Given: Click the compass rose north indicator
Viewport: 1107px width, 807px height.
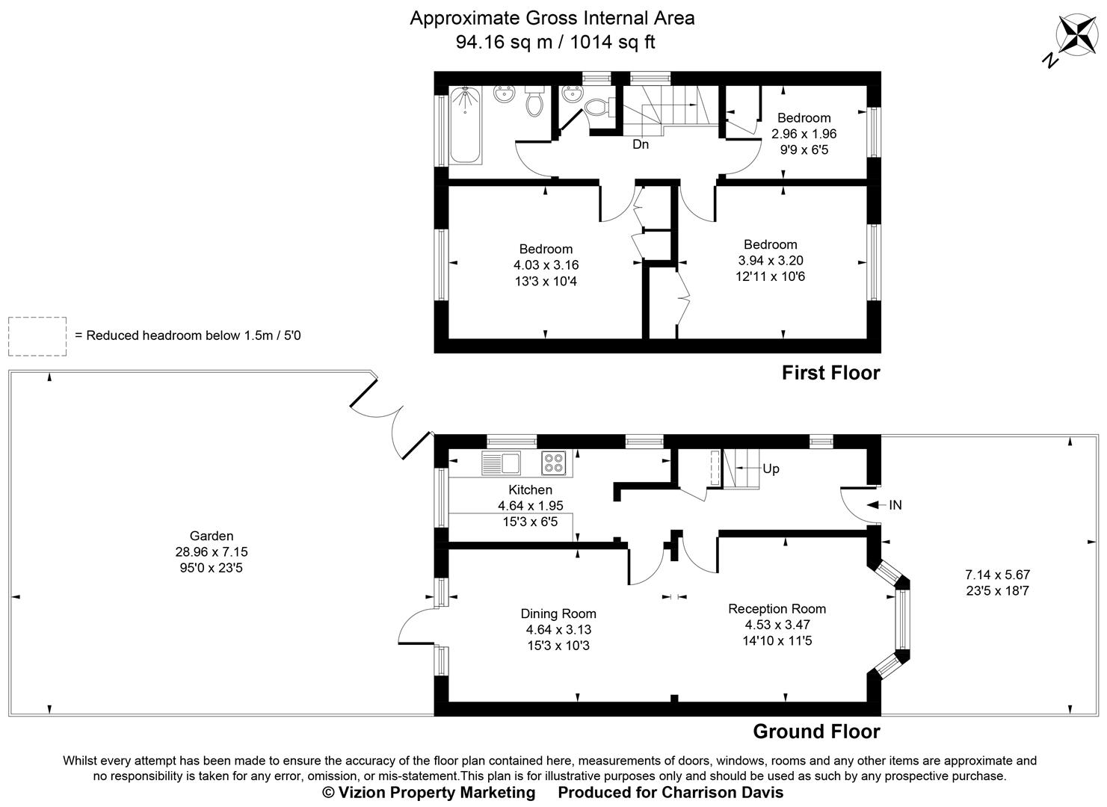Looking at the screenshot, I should tap(1074, 37).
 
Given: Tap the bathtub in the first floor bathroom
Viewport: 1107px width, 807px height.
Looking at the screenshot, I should tap(466, 125).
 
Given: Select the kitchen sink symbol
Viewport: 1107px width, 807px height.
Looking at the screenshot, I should tap(502, 463).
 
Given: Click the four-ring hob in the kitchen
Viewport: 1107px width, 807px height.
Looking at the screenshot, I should tap(554, 463).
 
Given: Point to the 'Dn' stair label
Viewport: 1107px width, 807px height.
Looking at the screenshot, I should tap(641, 144).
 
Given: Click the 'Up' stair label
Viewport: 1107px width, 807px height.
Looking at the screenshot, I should tap(771, 469).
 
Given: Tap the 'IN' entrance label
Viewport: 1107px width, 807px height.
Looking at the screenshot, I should tap(895, 505).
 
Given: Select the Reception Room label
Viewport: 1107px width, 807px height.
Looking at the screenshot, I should tap(777, 608).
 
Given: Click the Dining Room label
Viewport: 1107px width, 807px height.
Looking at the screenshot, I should tap(558, 613).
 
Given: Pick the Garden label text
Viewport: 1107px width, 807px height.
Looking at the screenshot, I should tap(212, 536).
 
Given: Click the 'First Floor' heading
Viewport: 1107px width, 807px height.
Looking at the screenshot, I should tap(830, 372).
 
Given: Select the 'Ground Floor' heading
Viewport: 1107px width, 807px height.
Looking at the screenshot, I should tap(816, 731).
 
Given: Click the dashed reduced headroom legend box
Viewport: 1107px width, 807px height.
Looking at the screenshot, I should tap(37, 336).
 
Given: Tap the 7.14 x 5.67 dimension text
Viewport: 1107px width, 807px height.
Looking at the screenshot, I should tap(997, 575).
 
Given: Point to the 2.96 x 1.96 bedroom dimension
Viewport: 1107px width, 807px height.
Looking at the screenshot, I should tap(804, 134).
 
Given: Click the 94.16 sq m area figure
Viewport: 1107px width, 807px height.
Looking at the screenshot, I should tap(504, 42).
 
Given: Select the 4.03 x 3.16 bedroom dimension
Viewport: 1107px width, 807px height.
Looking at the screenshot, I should tap(546, 265).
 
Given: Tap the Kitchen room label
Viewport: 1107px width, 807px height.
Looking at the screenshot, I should tap(530, 489).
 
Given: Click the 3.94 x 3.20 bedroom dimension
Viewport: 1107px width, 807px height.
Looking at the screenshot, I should tap(770, 260).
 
